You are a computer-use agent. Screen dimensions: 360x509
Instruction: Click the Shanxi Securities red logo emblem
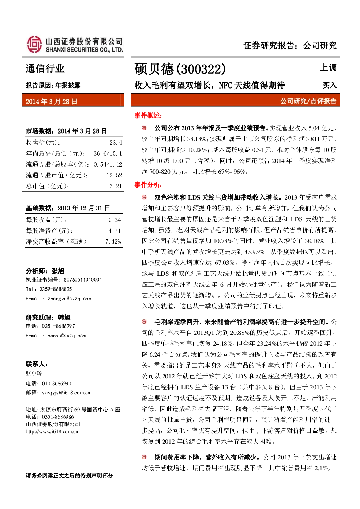[x=34, y=44]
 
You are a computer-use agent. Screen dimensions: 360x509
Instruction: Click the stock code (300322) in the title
[x=201, y=69]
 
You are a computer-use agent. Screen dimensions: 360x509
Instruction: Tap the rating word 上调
[x=328, y=68]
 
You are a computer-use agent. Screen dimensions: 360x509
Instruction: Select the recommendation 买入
[x=330, y=85]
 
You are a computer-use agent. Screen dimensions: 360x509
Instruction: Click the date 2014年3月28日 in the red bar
[x=52, y=102]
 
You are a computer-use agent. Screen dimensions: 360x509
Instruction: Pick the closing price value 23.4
[x=116, y=143]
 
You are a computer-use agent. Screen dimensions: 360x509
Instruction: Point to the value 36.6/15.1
[x=108, y=153]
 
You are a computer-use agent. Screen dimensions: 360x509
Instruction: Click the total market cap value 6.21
[x=116, y=186]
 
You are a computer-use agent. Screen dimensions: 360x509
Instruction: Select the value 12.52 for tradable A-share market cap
[x=114, y=176]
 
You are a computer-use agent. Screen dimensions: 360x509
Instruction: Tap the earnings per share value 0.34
[x=115, y=220]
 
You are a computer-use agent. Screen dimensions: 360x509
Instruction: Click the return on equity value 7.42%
[x=113, y=242]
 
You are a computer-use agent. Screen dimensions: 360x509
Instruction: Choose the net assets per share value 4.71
[x=115, y=231]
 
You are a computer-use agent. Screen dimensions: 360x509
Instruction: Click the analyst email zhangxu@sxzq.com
[x=69, y=299]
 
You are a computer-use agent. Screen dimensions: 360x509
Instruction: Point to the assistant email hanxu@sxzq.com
[x=66, y=336]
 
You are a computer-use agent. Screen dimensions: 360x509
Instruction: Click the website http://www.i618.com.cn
[x=52, y=431]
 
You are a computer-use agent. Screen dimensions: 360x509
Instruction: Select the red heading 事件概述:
[x=148, y=116]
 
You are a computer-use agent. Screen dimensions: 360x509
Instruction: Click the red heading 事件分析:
[x=148, y=185]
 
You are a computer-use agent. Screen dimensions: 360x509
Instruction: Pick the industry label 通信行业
[x=45, y=69]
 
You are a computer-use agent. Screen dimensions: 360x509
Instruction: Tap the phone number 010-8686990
[x=57, y=383]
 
